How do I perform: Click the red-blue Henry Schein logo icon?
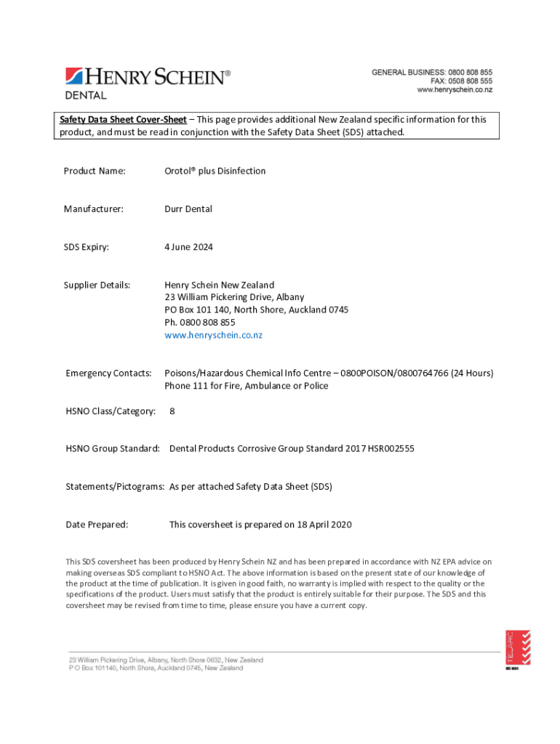coord(74,76)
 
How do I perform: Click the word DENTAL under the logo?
coord(87,95)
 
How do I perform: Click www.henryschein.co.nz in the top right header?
coord(454,90)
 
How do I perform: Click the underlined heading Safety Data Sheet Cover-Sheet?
coord(123,119)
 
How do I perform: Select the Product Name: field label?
coord(95,171)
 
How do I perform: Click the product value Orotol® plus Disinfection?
coord(215,171)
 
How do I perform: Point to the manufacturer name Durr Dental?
coord(188,209)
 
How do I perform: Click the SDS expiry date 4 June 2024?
coord(188,247)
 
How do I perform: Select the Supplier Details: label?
coord(97,285)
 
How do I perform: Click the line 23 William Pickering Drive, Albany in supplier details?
coord(234,297)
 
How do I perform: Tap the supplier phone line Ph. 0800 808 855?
coord(199,323)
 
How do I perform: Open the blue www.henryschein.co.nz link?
coord(213,335)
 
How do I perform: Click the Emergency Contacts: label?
coord(108,373)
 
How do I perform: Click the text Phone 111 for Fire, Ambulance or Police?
coord(246,386)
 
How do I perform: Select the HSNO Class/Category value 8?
coord(172,411)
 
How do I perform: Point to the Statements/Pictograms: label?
coord(115,487)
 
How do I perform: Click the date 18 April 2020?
coord(324,525)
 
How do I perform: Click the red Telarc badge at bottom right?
coord(518,648)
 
